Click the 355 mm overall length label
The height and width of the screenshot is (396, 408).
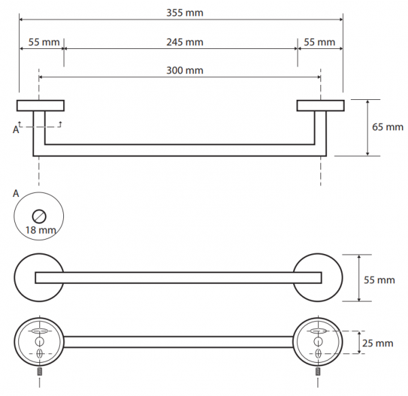(185, 13)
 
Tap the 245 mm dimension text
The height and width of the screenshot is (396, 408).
(185, 42)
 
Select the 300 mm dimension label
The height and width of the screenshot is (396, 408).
(185, 71)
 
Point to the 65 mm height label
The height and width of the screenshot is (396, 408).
(388, 127)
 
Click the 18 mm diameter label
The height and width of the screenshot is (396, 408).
(41, 230)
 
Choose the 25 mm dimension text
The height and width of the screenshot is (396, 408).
(377, 343)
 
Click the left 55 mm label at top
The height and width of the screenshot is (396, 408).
(44, 42)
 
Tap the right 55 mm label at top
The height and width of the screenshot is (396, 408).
(320, 42)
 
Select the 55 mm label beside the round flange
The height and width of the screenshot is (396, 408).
(379, 280)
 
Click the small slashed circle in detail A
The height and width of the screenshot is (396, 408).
(39, 216)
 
